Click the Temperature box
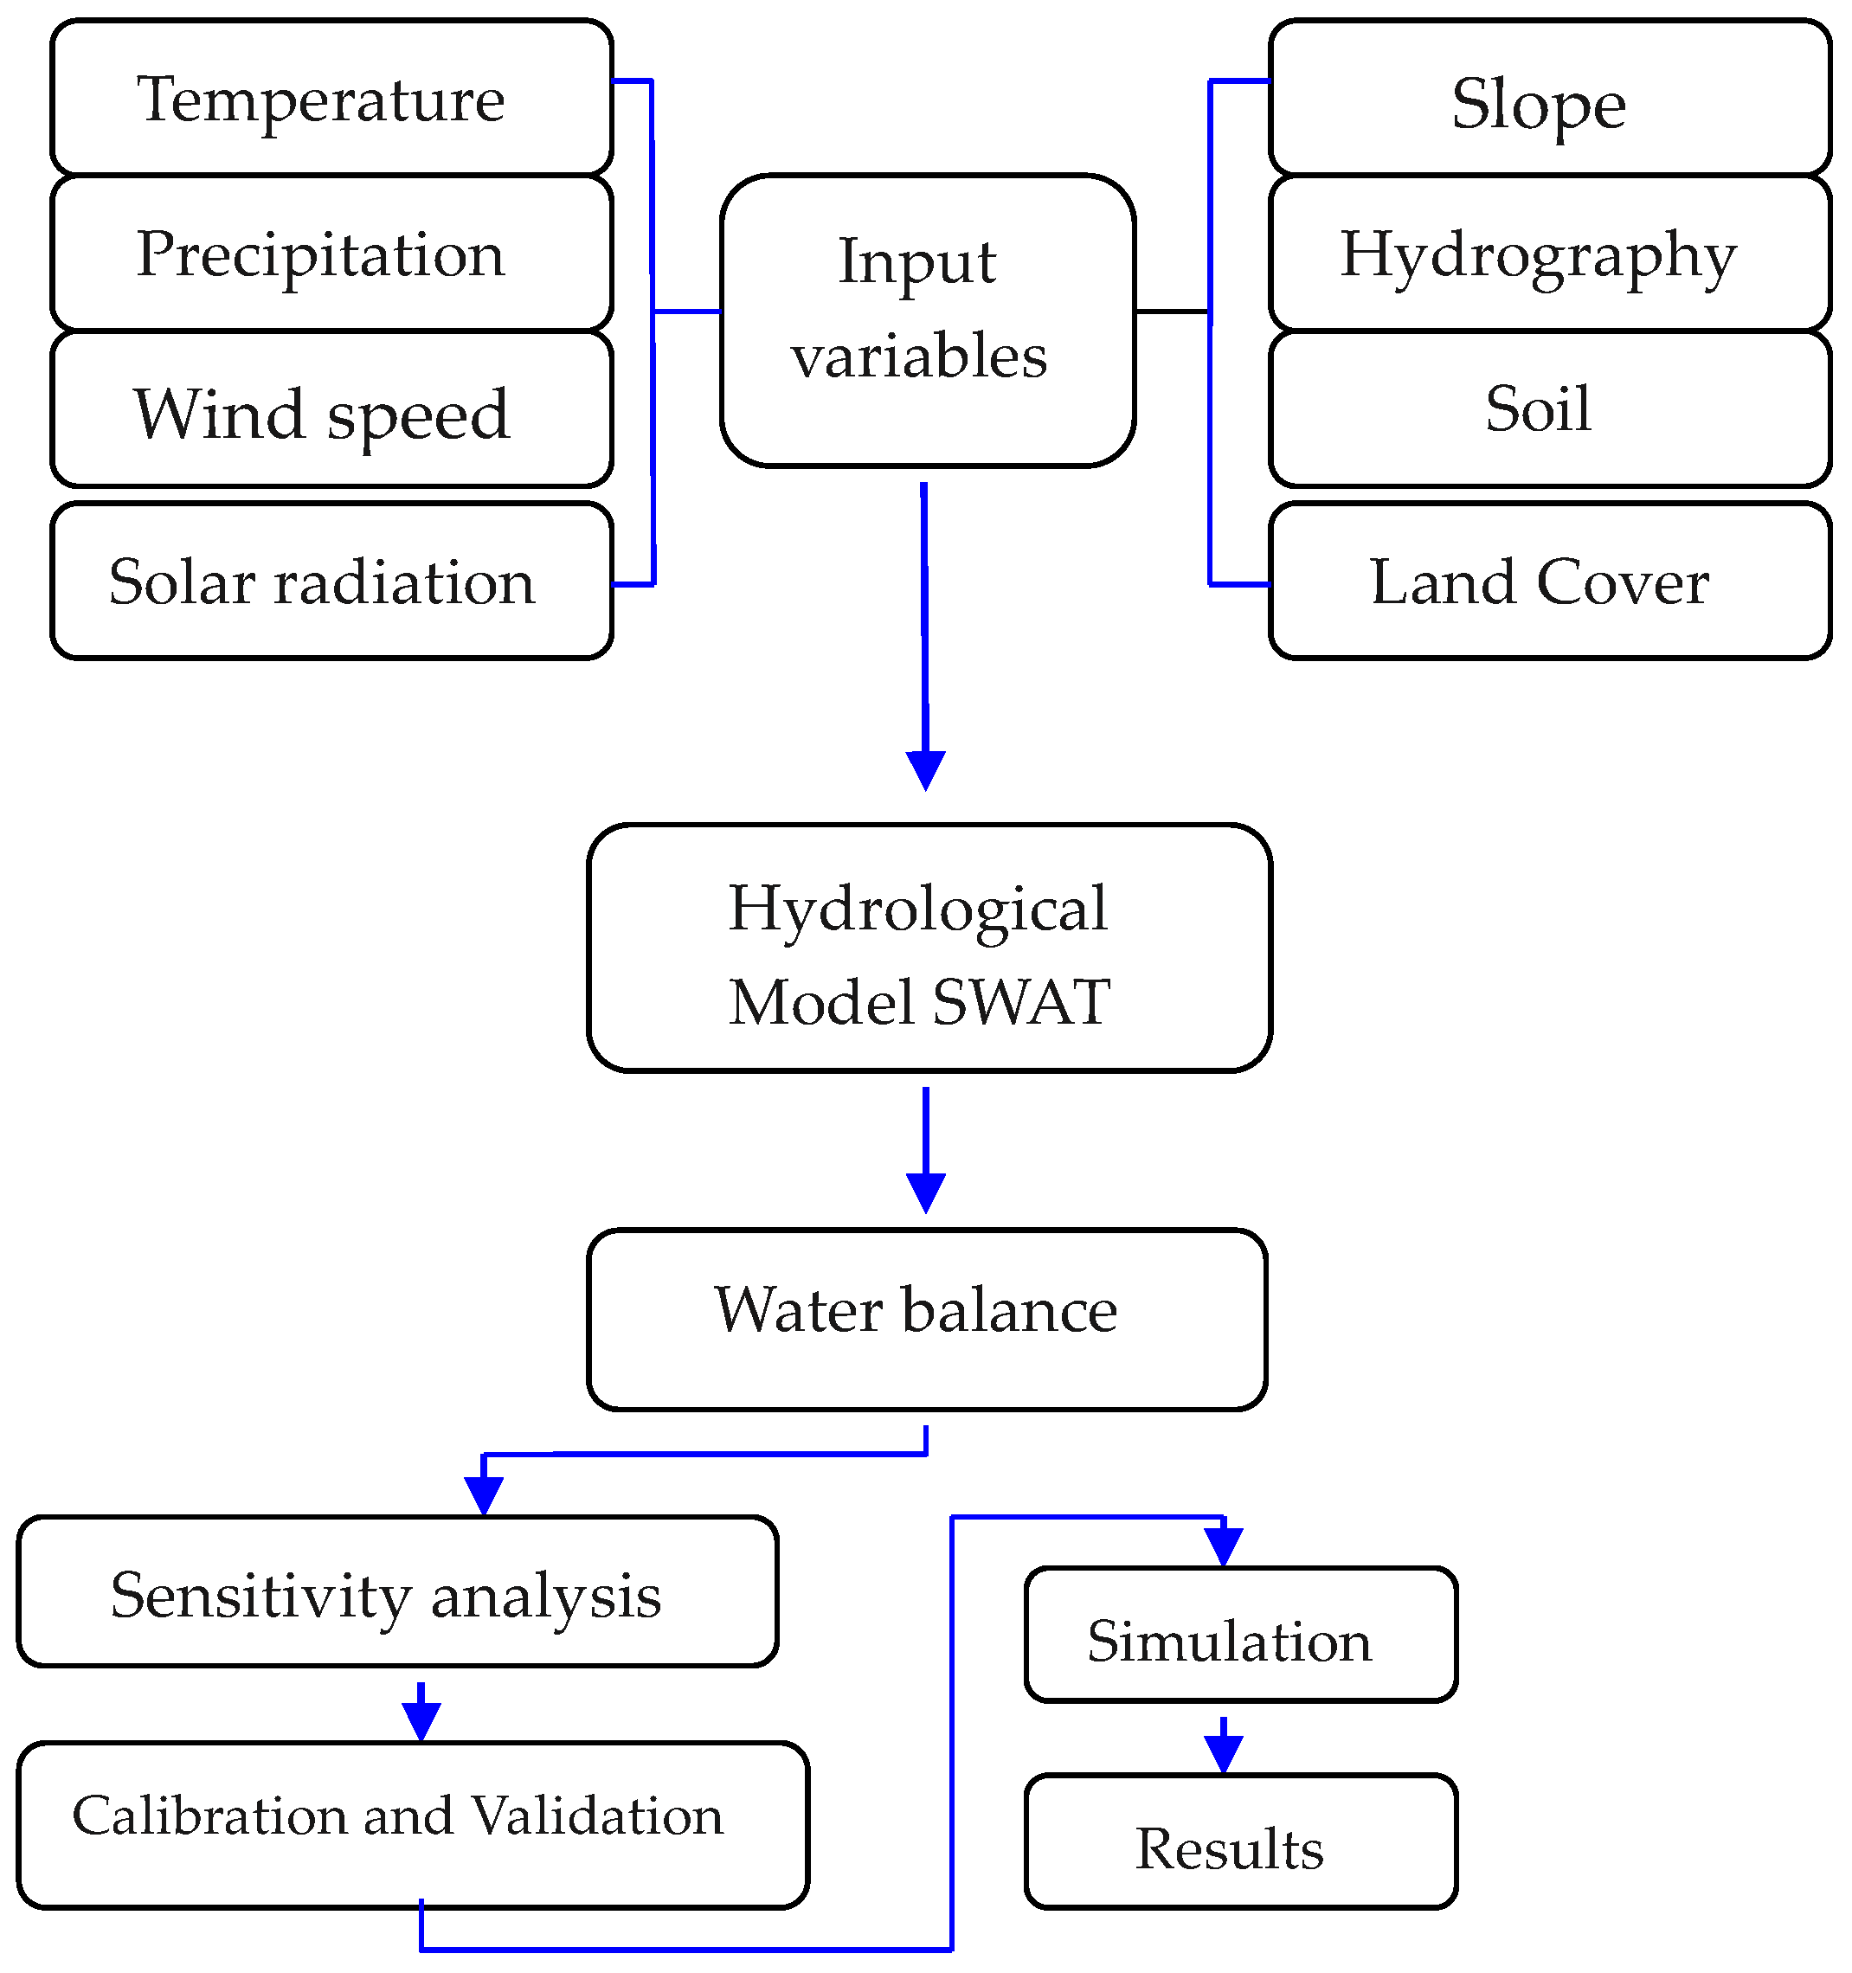coord(331,97)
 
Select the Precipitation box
coord(331,253)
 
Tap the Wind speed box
coord(331,409)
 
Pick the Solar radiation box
coord(331,581)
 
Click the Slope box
coord(1548,97)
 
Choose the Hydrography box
coord(1548,253)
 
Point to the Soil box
coord(1548,409)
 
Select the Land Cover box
coord(1548,581)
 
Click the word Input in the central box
coord(916,262)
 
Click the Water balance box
coord(926,1318)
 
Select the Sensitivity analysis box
coord(397,1595)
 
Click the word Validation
coord(596,1816)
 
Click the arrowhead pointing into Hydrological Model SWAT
coord(925,770)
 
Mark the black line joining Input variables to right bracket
coord(1171,312)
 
